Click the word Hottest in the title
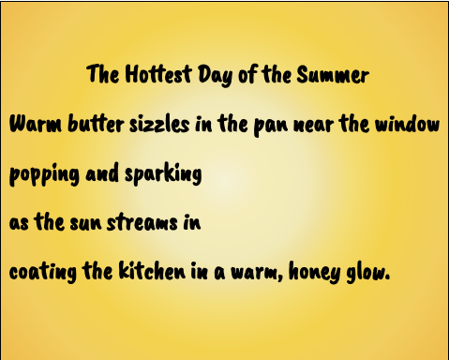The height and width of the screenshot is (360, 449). [x=158, y=74]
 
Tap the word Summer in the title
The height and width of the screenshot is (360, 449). [x=333, y=74]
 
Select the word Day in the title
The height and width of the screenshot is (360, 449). [x=216, y=75]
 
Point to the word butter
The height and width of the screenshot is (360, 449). [x=96, y=124]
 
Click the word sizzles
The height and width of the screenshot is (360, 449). [x=159, y=124]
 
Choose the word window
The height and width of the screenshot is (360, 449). [x=407, y=124]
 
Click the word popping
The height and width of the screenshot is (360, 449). [x=44, y=174]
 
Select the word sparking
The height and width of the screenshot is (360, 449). [x=163, y=174]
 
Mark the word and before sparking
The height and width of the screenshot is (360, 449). [x=102, y=172]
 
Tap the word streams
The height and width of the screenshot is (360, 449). [x=142, y=222]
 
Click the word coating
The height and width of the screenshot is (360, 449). [x=43, y=272]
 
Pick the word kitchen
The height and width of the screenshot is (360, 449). [x=152, y=270]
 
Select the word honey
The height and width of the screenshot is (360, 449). [x=315, y=272]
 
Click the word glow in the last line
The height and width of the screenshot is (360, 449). [x=367, y=272]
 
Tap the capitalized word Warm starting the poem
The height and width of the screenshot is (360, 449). [x=36, y=124]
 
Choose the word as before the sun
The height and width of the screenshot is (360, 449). [x=19, y=223]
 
